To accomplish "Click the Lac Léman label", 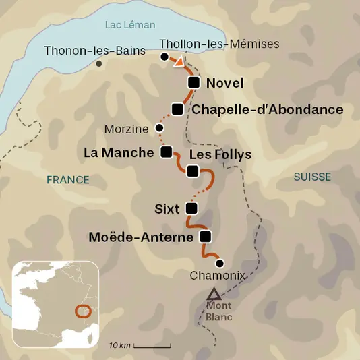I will (x=130, y=25).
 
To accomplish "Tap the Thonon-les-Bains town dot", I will (x=100, y=64).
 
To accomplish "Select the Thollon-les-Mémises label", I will (x=218, y=44).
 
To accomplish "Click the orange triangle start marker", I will (x=179, y=63).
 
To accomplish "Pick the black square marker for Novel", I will (x=193, y=83).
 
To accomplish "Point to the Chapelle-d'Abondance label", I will (x=268, y=109).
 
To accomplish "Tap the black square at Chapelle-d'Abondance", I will (x=178, y=109).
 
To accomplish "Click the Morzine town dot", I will (x=159, y=127).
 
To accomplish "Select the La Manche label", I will (x=119, y=152).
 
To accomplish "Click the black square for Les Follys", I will (x=193, y=171).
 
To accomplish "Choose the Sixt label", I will (x=167, y=209).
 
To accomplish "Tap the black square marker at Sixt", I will (x=191, y=208).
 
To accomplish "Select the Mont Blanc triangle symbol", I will (x=214, y=294).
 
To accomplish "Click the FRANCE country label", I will (x=67, y=179).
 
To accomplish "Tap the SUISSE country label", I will (x=312, y=177).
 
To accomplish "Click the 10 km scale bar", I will (x=152, y=346).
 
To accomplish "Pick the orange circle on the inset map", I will (x=83, y=311).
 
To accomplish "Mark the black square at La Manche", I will (x=167, y=152).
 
